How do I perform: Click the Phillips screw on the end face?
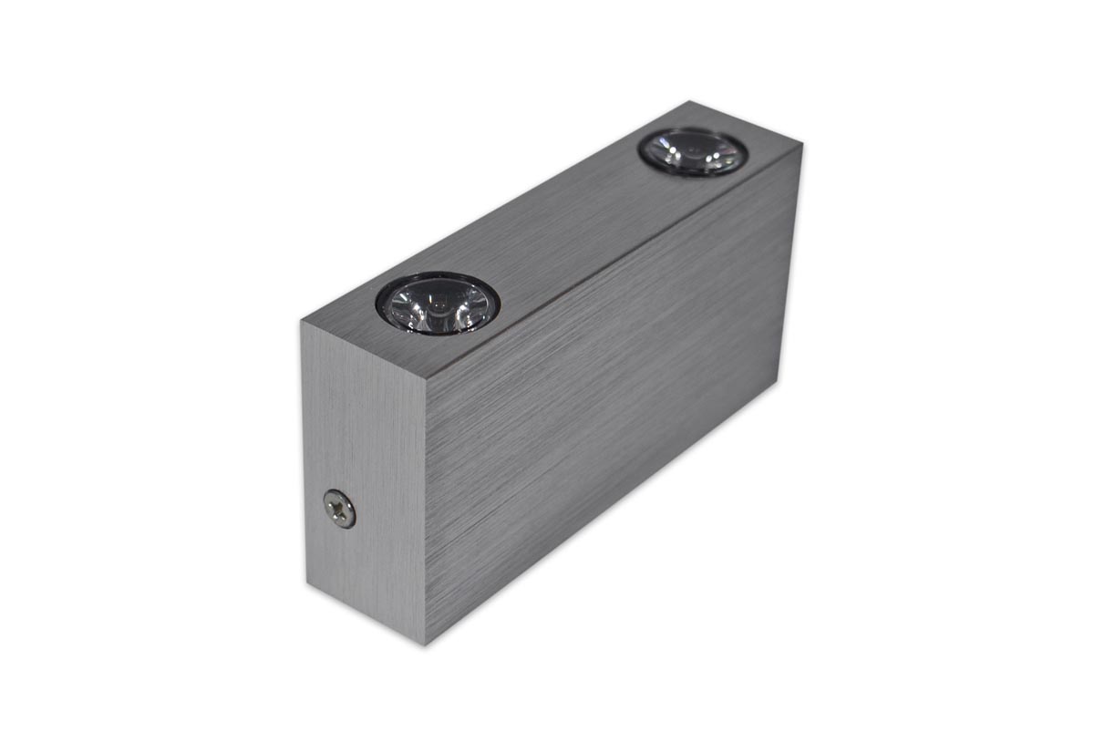[339, 509]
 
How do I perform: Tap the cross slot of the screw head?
[339, 509]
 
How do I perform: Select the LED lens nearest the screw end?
[438, 304]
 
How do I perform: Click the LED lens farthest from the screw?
[693, 151]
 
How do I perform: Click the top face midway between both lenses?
[565, 228]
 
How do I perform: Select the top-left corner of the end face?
[301, 321]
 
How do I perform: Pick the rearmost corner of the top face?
[690, 101]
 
